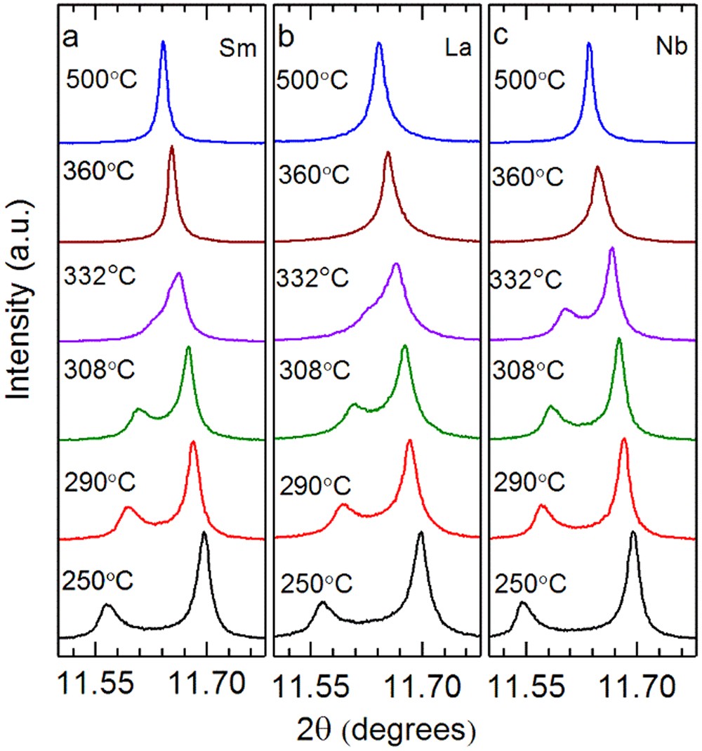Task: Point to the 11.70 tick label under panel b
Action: pos(421,681)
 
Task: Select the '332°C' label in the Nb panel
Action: pos(527,280)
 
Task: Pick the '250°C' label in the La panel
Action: pos(320,582)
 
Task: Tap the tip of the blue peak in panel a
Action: pos(164,41)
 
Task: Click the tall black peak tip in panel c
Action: pos(633,532)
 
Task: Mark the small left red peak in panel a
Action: pos(127,507)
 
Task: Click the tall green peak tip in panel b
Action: pos(405,346)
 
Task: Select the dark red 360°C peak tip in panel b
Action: pos(388,152)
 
